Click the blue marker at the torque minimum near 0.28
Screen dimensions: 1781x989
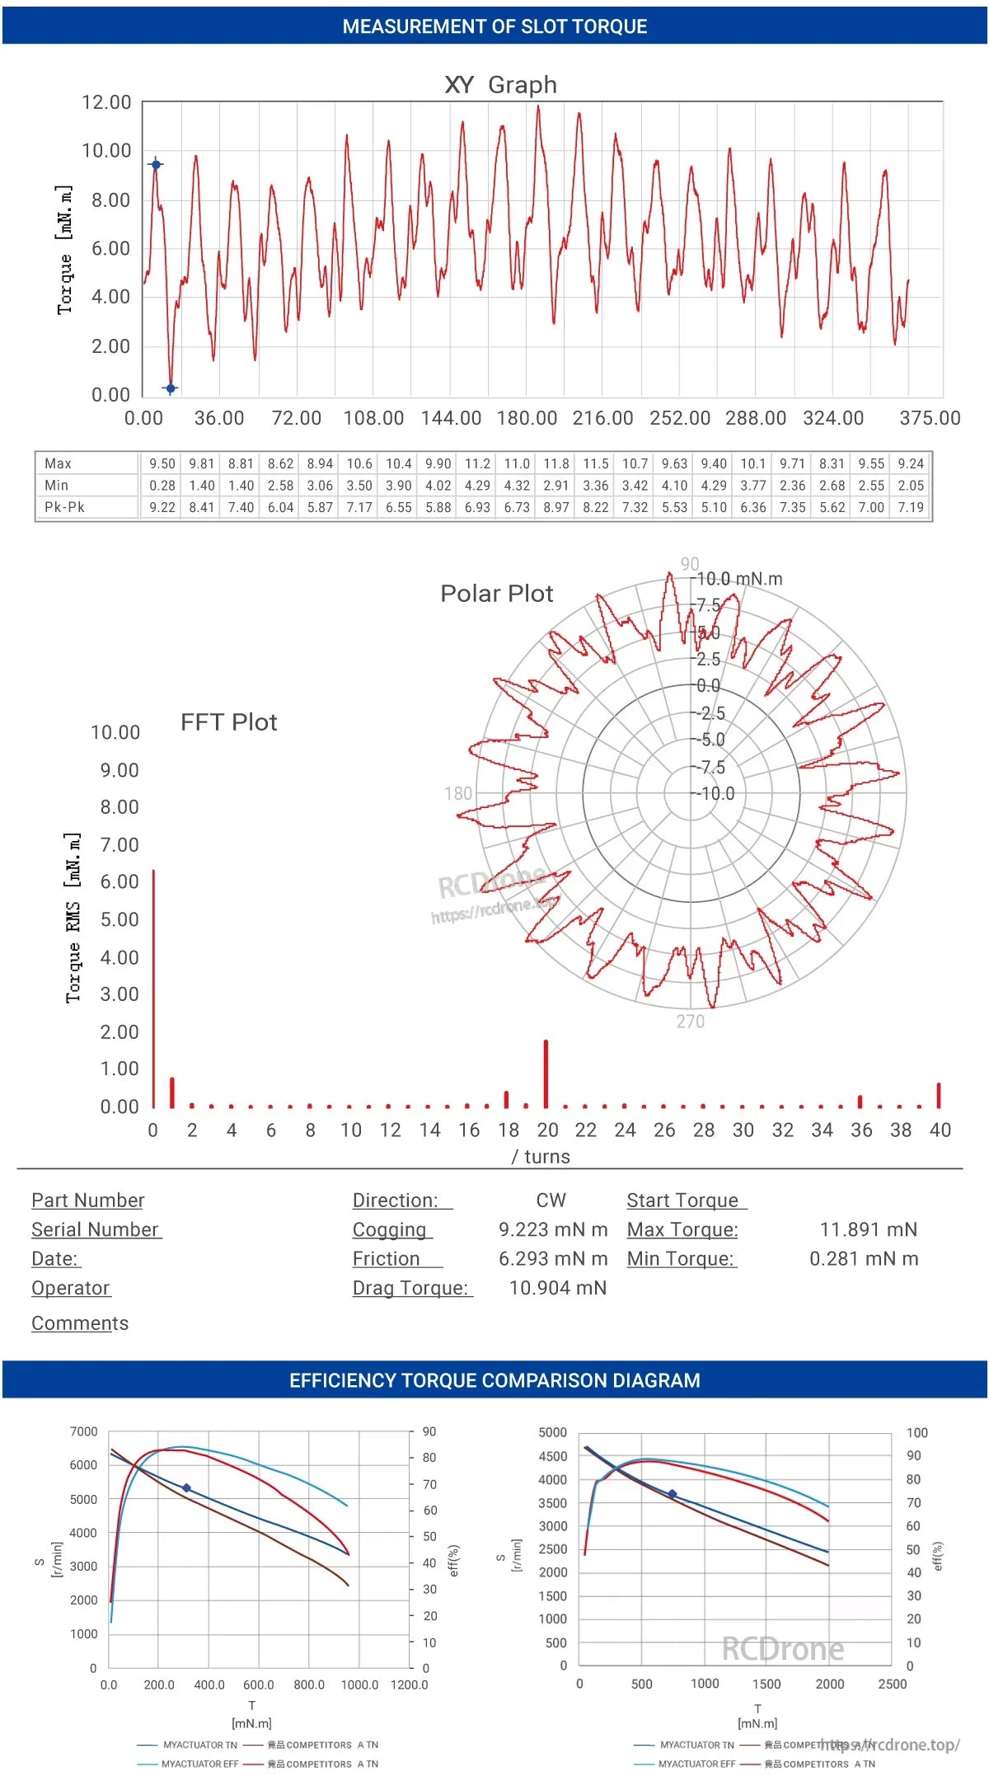[171, 388]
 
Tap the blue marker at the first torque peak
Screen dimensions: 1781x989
[156, 164]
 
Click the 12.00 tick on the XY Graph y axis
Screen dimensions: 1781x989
[106, 102]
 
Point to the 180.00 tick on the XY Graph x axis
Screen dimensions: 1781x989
[527, 418]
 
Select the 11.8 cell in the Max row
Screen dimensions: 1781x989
[556, 463]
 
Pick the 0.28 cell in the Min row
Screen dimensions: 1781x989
[162, 486]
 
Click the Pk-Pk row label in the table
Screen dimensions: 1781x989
[64, 507]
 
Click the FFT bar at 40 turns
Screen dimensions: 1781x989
[939, 1095]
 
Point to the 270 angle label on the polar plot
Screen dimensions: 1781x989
[691, 1022]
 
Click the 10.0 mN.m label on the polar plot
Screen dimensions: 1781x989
[740, 579]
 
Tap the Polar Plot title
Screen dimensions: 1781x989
[496, 594]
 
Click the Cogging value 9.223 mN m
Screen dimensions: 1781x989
[553, 1229]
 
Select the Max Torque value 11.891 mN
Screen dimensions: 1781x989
[868, 1229]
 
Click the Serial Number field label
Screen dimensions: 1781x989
[96, 1229]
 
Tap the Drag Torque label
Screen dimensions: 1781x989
[410, 1288]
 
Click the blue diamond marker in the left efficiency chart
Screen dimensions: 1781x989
[186, 1488]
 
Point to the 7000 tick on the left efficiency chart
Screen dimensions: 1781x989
[84, 1431]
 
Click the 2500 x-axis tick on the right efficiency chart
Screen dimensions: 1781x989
[893, 1684]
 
